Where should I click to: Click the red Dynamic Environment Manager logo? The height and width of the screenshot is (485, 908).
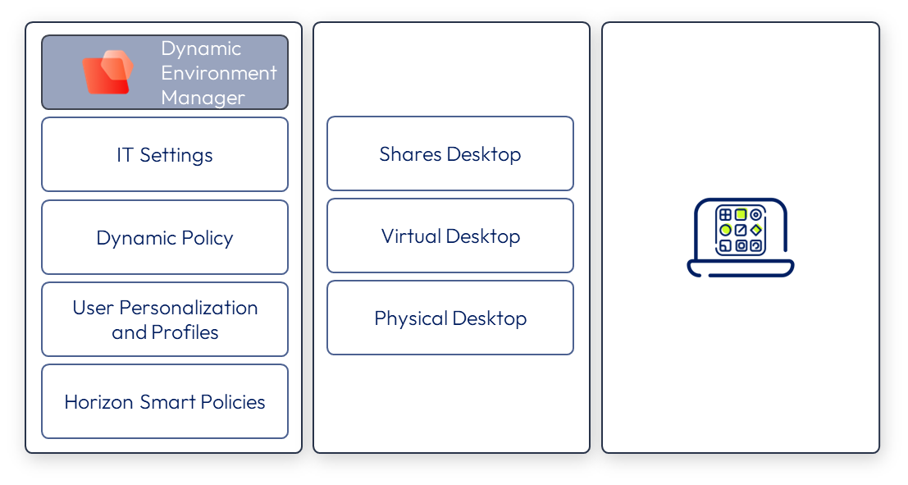pyautogui.click(x=107, y=72)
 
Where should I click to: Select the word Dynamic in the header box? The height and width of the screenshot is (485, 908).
pyautogui.click(x=201, y=48)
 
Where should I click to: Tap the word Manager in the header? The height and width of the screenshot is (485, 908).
pyautogui.click(x=203, y=98)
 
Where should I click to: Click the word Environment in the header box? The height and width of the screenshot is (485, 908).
pyautogui.click(x=219, y=73)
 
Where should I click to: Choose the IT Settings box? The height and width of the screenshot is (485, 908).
pyautogui.click(x=165, y=154)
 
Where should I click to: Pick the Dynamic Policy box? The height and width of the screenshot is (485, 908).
pyautogui.click(x=165, y=237)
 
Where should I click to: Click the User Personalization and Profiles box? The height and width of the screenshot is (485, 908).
pyautogui.click(x=165, y=319)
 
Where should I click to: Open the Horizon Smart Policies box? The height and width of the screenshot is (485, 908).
pyautogui.click(x=165, y=401)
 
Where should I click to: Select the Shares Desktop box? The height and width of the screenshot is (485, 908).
pyautogui.click(x=450, y=153)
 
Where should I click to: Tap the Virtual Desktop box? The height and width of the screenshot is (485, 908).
pyautogui.click(x=450, y=236)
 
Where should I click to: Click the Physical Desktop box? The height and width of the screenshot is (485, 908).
pyautogui.click(x=450, y=318)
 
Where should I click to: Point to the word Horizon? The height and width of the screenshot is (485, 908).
pyautogui.click(x=99, y=402)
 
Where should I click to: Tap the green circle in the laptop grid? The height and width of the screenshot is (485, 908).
pyautogui.click(x=725, y=231)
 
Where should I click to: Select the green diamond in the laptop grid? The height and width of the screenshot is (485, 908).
pyautogui.click(x=756, y=230)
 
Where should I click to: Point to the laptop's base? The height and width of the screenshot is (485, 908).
pyautogui.click(x=741, y=268)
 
